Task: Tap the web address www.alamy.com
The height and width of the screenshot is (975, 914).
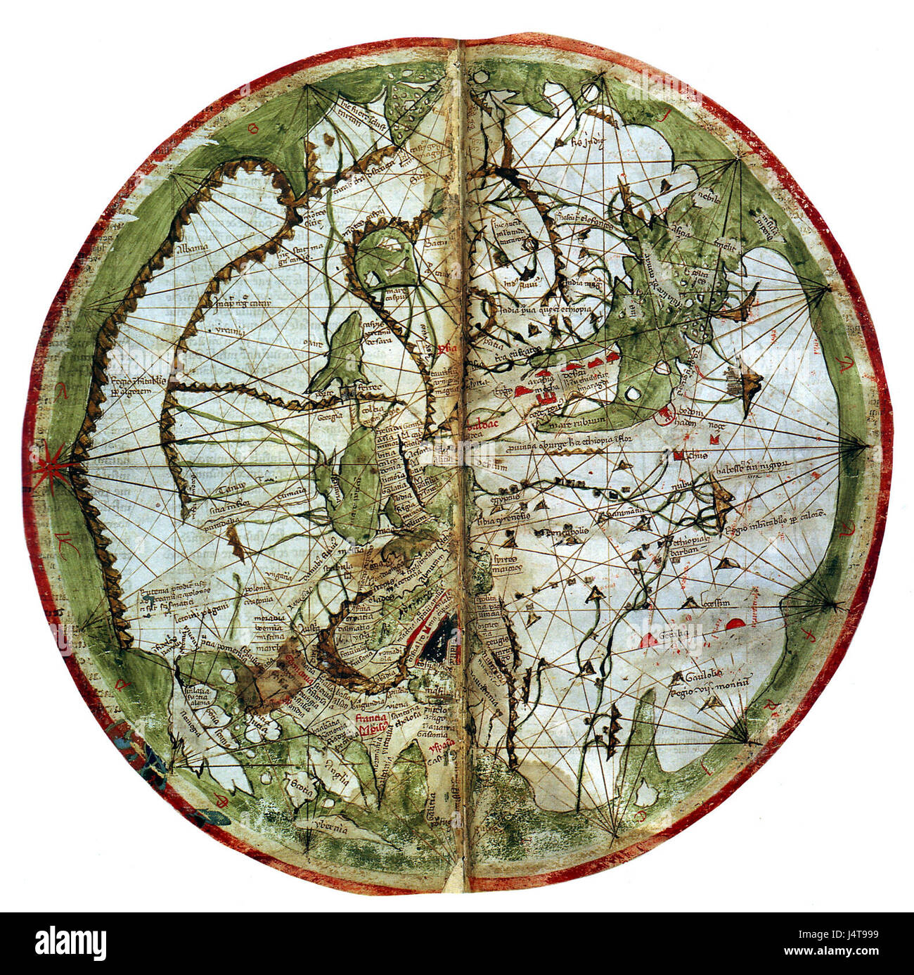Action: (x=854, y=952)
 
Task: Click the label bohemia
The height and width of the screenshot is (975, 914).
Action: (x=254, y=627)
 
